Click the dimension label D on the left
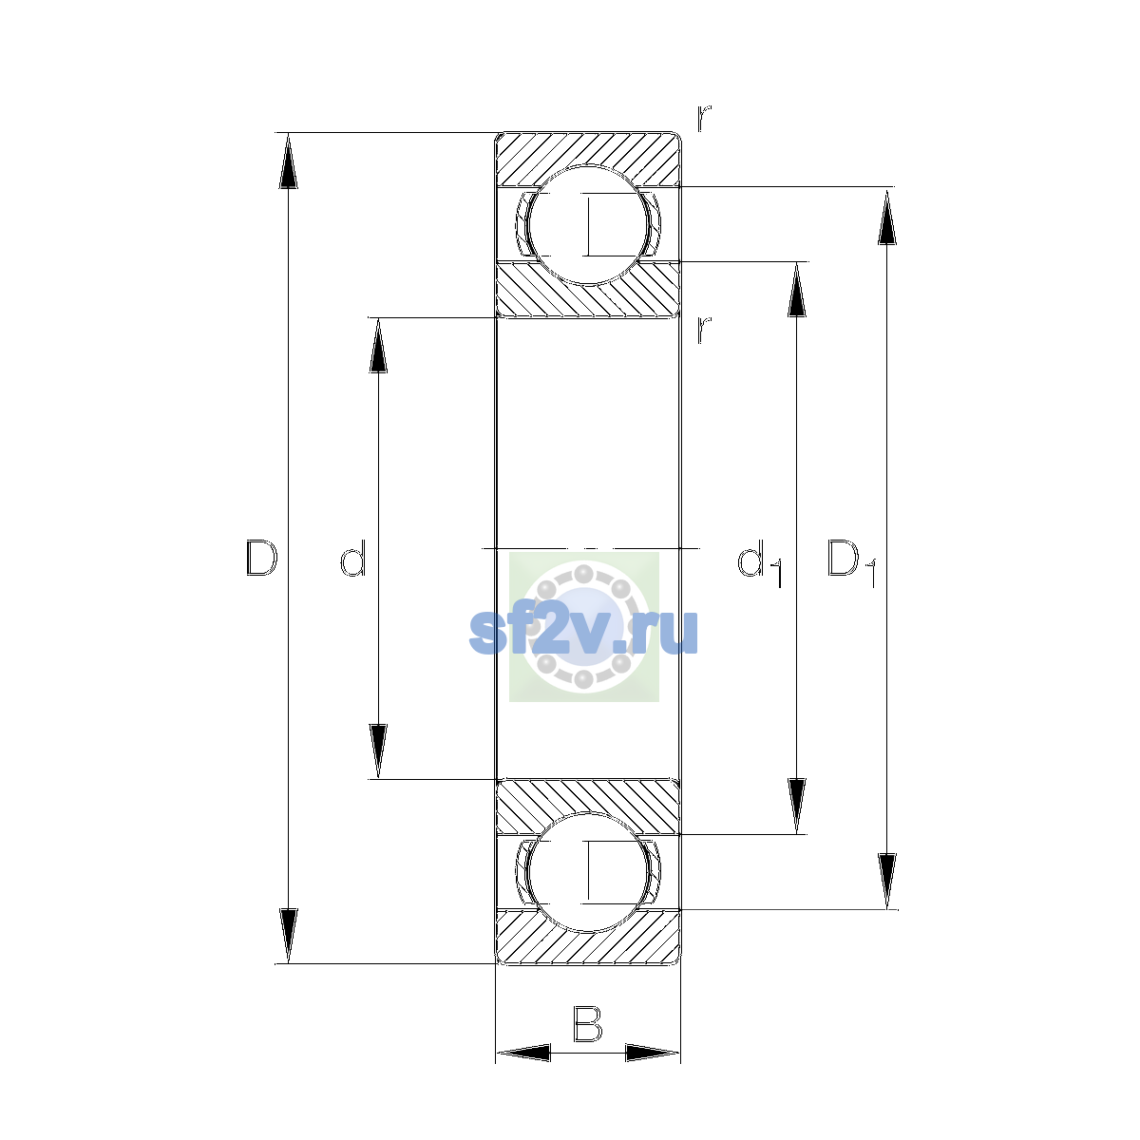pos(261,558)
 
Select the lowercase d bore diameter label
pos(353,558)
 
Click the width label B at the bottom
pos(587,1023)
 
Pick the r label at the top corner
pos(703,119)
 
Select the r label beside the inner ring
pos(703,330)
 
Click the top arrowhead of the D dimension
pos(288,160)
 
